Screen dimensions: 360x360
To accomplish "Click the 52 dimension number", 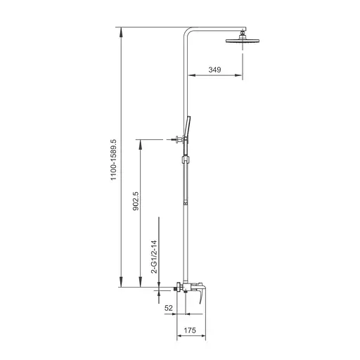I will [x=169, y=308].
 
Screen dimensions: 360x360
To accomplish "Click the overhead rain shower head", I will [x=243, y=44].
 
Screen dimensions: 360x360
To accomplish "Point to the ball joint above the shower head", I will [x=243, y=33].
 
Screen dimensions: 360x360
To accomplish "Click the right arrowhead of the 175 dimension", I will [x=208, y=336].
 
